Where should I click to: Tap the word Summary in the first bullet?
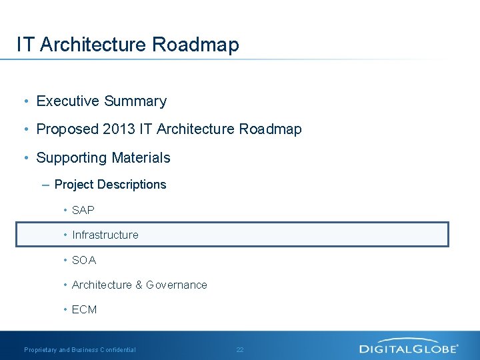tap(135, 101)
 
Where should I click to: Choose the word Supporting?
tap(71, 158)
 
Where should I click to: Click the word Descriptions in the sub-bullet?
tap(131, 185)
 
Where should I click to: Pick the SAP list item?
tap(83, 210)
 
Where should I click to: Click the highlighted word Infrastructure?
tap(105, 235)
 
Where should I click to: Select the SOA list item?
tap(84, 260)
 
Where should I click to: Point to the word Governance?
tap(177, 285)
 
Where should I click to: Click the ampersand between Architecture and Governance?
tap(139, 285)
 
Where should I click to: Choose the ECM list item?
tap(85, 309)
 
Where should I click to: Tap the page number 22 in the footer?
tap(240, 349)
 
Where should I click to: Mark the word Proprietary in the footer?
tap(41, 349)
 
